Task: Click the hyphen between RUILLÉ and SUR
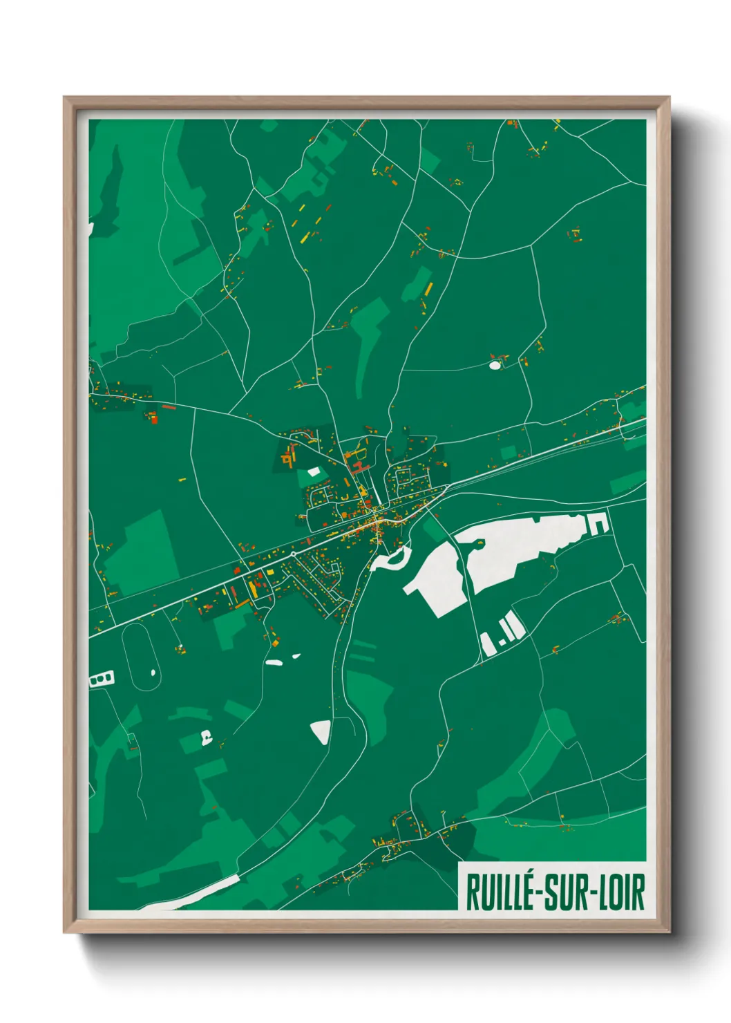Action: coord(538,893)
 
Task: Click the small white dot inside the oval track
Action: coord(153,671)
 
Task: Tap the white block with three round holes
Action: coord(102,680)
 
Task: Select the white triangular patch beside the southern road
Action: coord(321,731)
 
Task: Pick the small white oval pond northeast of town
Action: coord(495,365)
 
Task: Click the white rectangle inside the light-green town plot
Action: coord(314,471)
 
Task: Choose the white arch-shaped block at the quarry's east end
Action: coord(598,524)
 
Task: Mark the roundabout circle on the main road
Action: coord(294,554)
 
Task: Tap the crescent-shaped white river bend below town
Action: coord(391,560)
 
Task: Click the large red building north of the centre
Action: coord(357,467)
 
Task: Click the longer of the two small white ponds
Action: coord(274,662)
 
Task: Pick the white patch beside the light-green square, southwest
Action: coord(205,738)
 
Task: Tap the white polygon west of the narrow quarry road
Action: coord(437,581)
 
